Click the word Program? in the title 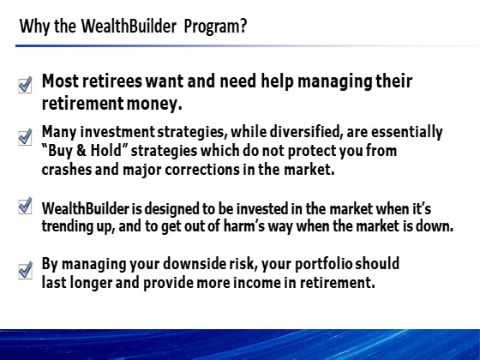tap(215, 27)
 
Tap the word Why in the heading tap(34, 27)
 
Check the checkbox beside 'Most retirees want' tap(25, 85)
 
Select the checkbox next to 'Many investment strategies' tap(25, 136)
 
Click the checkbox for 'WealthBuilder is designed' tap(25, 206)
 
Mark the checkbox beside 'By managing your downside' tap(26, 270)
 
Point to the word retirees tap(112, 81)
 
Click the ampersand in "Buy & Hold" tap(81, 151)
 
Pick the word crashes tap(67, 170)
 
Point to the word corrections tap(202, 170)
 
